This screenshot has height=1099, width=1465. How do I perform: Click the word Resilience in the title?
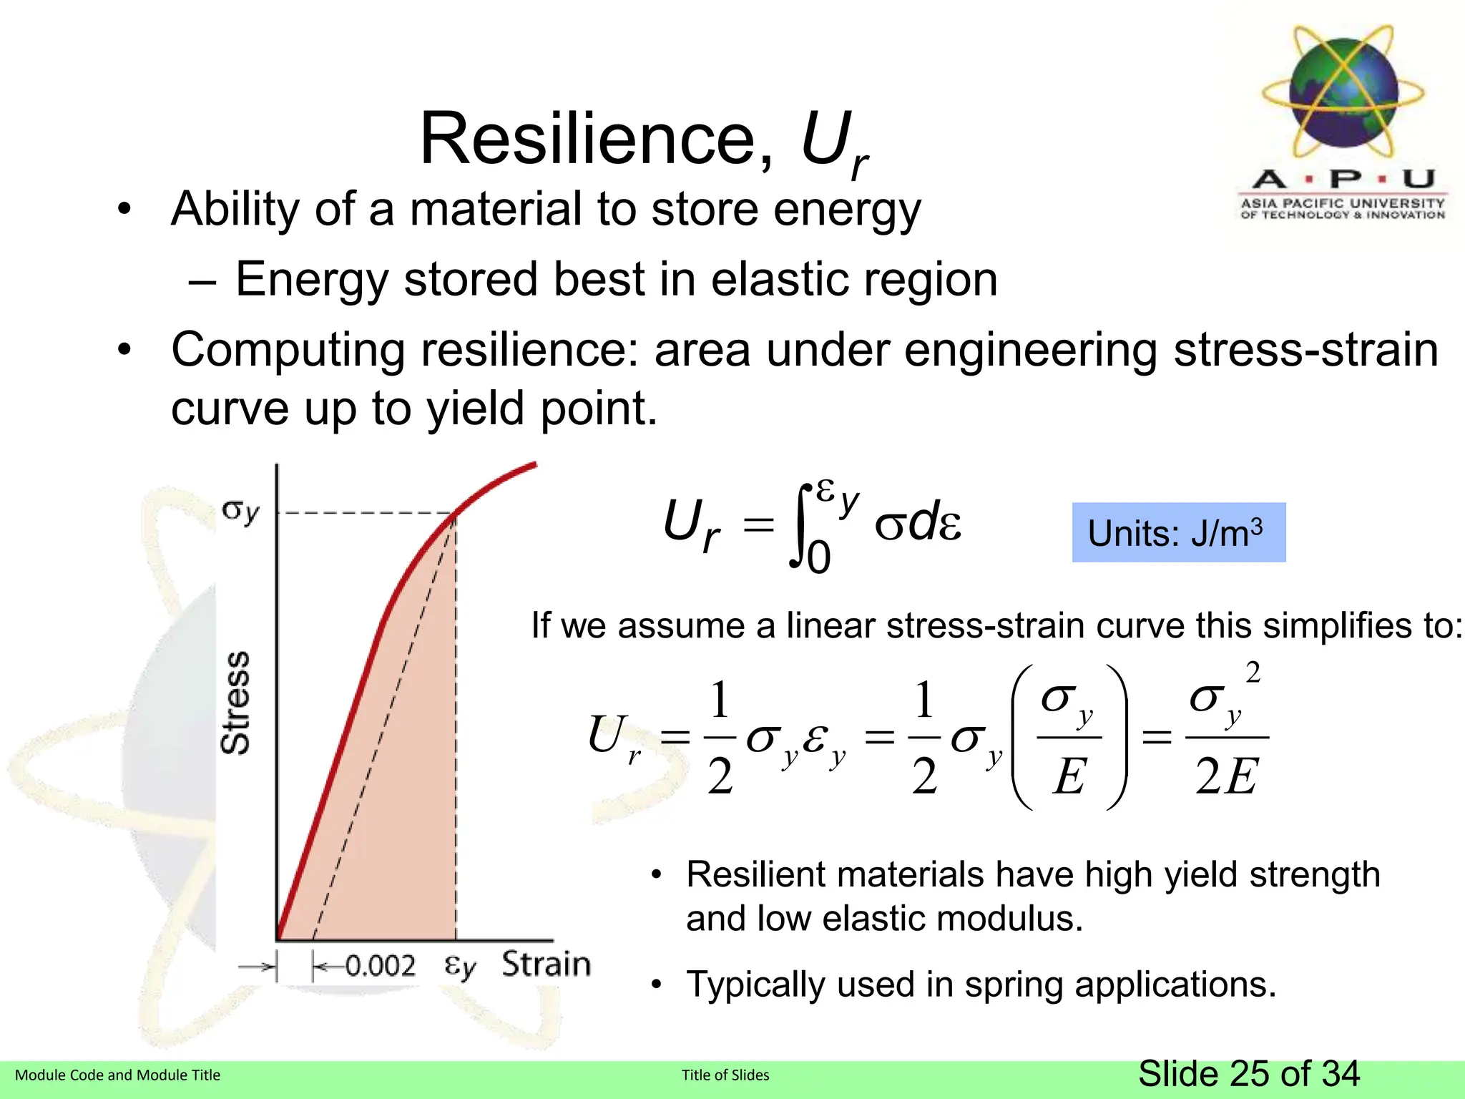[x=587, y=140]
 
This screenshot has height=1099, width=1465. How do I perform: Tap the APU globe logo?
[x=1343, y=92]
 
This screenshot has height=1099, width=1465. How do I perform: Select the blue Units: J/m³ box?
[x=1178, y=533]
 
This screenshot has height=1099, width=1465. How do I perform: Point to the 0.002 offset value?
[x=379, y=966]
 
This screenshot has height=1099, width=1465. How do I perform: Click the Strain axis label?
[x=546, y=964]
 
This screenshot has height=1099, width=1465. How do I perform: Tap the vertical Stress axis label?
[x=235, y=703]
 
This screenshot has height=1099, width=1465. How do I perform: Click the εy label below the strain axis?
[x=459, y=967]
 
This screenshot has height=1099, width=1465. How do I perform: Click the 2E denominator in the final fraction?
[x=1226, y=776]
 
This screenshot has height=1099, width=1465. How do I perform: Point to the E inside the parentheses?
[x=1069, y=776]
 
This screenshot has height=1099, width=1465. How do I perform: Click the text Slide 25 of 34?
[x=1248, y=1074]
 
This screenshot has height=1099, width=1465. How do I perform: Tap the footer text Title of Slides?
[x=725, y=1075]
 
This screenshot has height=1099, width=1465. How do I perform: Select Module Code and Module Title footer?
[x=117, y=1075]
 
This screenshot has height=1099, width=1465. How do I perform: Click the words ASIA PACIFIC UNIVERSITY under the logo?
[x=1343, y=203]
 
